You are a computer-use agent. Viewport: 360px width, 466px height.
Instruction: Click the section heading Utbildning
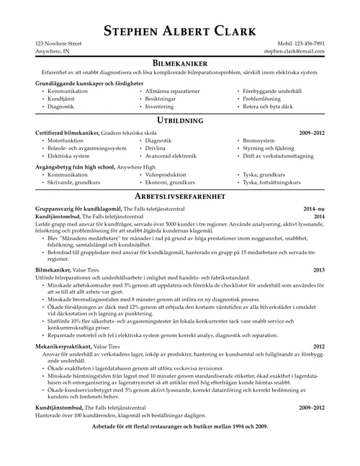(179, 120)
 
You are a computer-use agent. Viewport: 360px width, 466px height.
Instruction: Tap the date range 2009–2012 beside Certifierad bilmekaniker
(312, 133)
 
